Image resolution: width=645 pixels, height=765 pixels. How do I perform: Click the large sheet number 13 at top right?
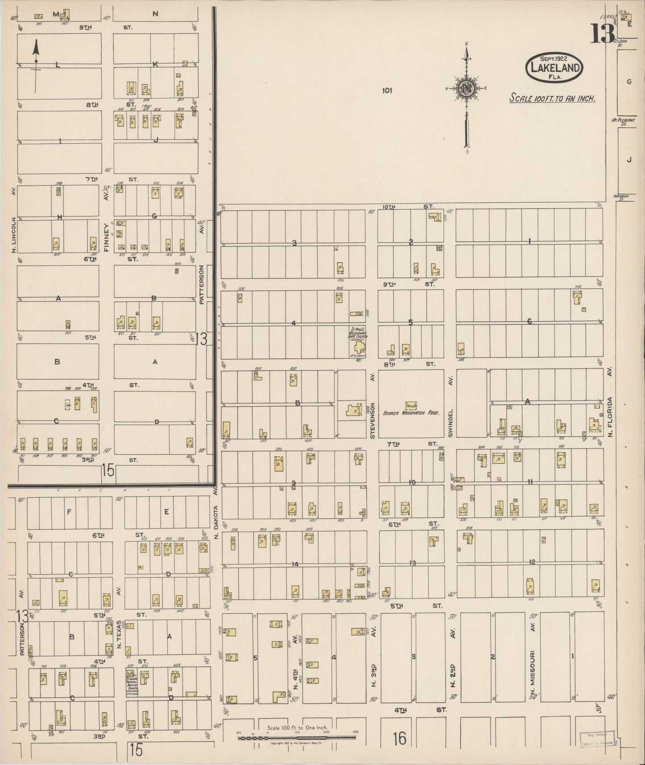(603, 33)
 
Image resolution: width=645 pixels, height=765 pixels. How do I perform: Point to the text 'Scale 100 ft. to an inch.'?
(552, 98)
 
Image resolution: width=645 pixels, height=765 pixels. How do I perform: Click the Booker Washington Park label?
(411, 413)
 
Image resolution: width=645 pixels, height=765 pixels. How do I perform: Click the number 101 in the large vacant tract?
(387, 91)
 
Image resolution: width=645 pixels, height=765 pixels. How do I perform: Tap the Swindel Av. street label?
(451, 406)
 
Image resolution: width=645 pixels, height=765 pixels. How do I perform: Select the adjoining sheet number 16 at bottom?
(399, 739)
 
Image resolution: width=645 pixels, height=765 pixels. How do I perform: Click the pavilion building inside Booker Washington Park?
(411, 405)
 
